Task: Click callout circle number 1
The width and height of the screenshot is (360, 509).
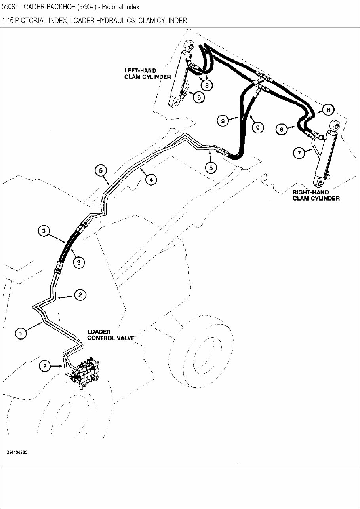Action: tap(21, 333)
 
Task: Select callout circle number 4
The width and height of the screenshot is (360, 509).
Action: tap(151, 180)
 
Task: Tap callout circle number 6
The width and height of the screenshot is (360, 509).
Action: tap(199, 96)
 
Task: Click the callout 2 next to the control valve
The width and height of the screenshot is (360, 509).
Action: tap(45, 366)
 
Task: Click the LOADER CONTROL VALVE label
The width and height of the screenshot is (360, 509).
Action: tap(110, 335)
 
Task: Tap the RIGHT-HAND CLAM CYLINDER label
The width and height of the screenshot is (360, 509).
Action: tap(316, 195)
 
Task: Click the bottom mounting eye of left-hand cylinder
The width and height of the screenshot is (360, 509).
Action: tap(173, 104)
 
